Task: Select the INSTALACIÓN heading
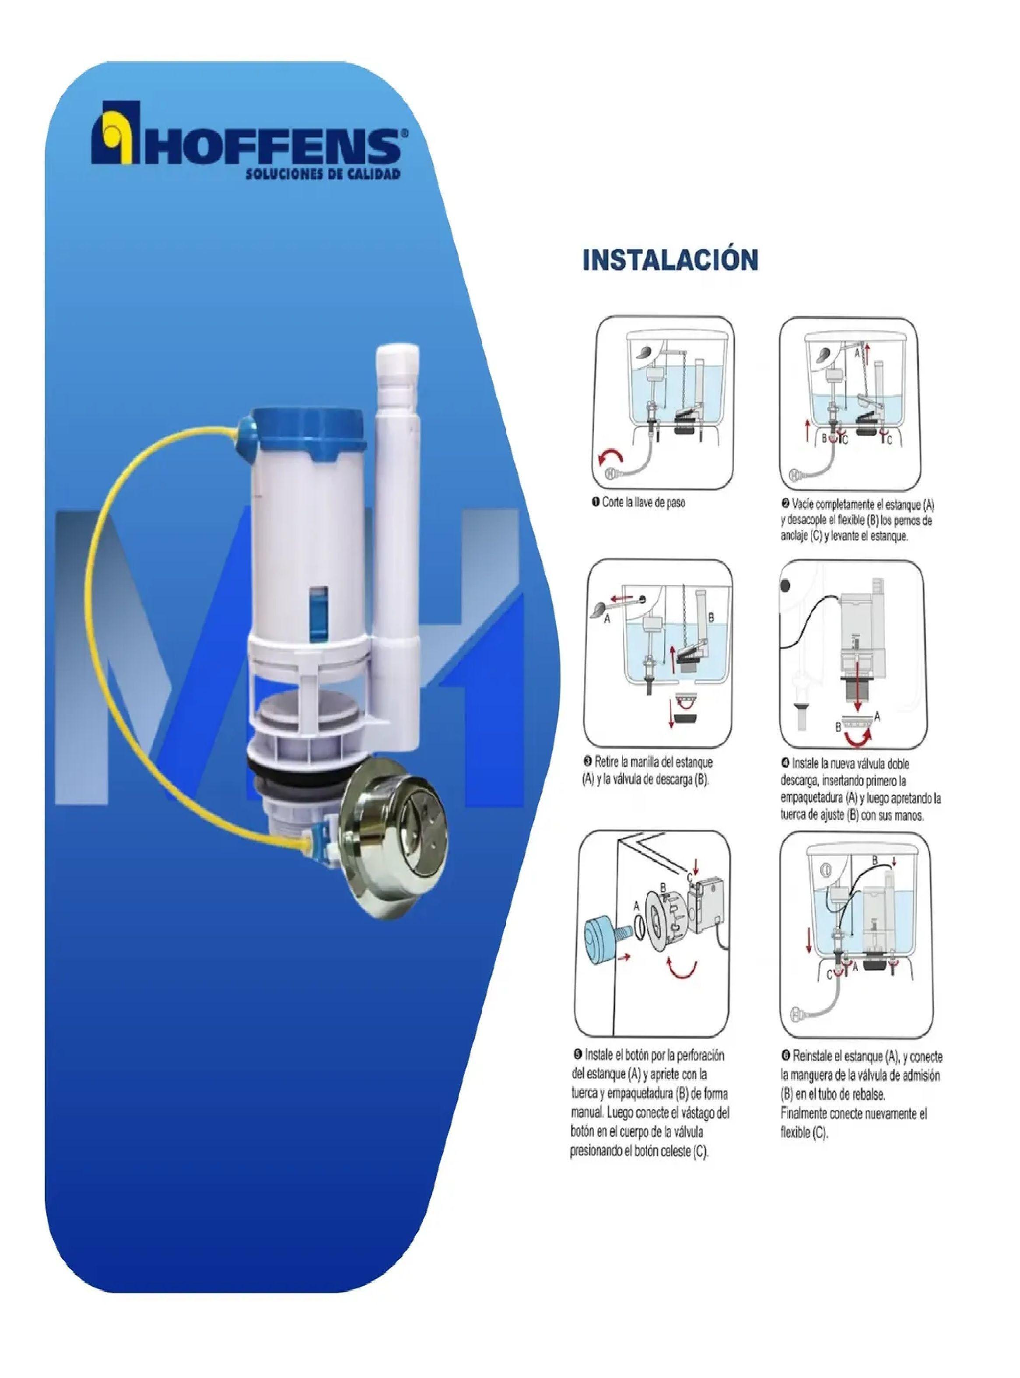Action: coord(670,260)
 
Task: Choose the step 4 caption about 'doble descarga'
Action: coord(860,790)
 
